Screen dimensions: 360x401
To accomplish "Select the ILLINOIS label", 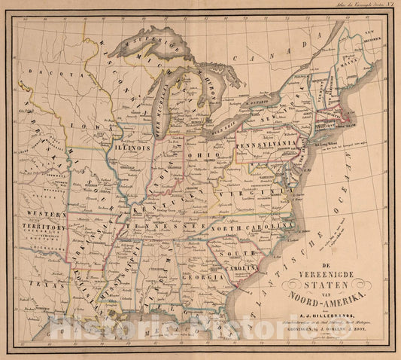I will [132, 149].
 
